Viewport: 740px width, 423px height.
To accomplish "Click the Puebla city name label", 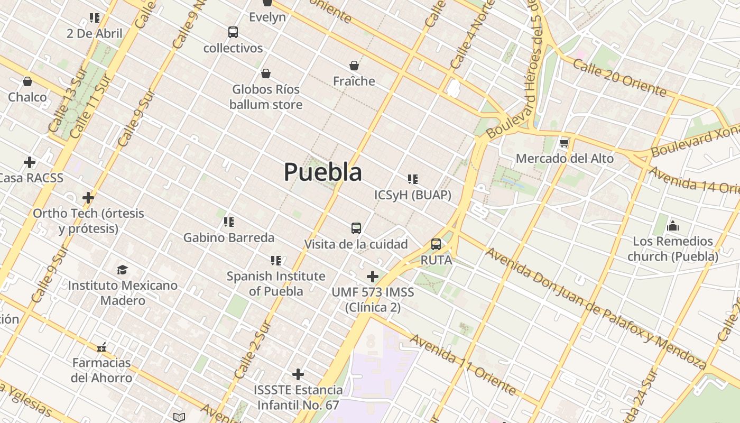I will coord(323,172).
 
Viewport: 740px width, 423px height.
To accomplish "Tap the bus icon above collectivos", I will coord(233,32).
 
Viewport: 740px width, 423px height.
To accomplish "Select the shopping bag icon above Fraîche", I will coord(354,66).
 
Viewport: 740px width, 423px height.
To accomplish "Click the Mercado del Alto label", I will coord(565,159).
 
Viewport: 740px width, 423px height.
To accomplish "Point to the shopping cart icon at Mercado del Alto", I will coord(565,143).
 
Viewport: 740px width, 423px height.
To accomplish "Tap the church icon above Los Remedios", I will coord(673,226).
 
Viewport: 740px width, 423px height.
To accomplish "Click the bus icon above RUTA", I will coord(436,244).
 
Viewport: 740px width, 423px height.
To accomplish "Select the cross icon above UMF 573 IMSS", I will coord(373,276).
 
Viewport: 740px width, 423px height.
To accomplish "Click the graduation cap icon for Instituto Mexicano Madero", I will coord(123,270).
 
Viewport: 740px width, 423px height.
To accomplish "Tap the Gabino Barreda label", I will coord(229,237).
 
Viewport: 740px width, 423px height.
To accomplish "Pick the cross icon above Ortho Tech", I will coord(88,198).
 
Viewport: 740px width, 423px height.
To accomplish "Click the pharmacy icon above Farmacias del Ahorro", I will coord(101,347).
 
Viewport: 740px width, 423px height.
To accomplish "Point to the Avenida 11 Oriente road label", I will coord(462,364).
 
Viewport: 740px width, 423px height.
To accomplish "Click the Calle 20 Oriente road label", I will coord(619,78).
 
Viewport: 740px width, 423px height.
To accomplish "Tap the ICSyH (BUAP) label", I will coord(413,195).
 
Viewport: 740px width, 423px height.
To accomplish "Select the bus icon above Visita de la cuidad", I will coord(356,228).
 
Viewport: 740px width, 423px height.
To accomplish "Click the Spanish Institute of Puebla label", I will coord(276,283).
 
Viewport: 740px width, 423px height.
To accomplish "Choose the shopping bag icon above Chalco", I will coord(27,81).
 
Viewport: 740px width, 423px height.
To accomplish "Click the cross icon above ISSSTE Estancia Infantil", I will coord(298,374).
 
